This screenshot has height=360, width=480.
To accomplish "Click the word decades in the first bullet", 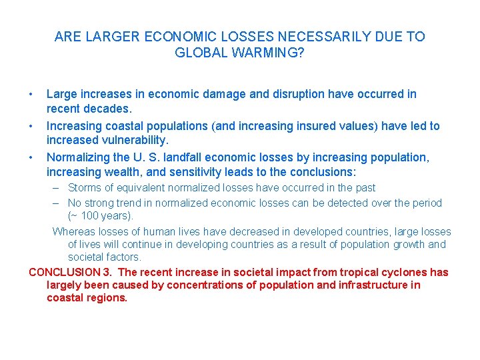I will point(105,108).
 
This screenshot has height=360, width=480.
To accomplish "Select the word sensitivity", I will point(200,172).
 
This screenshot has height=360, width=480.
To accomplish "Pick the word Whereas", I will point(74,232).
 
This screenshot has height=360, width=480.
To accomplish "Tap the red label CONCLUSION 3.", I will point(71,272).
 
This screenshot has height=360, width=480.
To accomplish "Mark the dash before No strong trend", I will point(58,203).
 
